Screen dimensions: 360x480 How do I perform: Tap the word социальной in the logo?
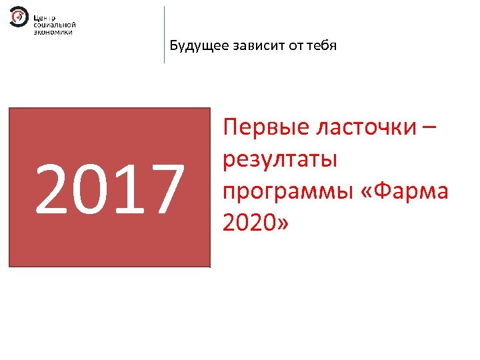point(54,24)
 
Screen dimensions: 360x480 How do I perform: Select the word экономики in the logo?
point(53,31)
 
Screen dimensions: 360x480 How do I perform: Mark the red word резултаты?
point(280,161)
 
